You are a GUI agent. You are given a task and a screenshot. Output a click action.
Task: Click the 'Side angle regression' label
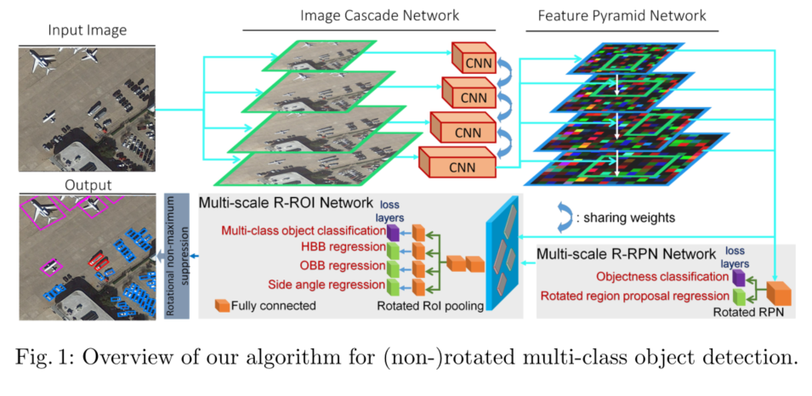pyautogui.click(x=324, y=285)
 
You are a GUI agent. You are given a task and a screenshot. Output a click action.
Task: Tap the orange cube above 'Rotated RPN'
pyautogui.click(x=777, y=291)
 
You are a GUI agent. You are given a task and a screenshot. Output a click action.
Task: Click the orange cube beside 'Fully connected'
pyautogui.click(x=224, y=304)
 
